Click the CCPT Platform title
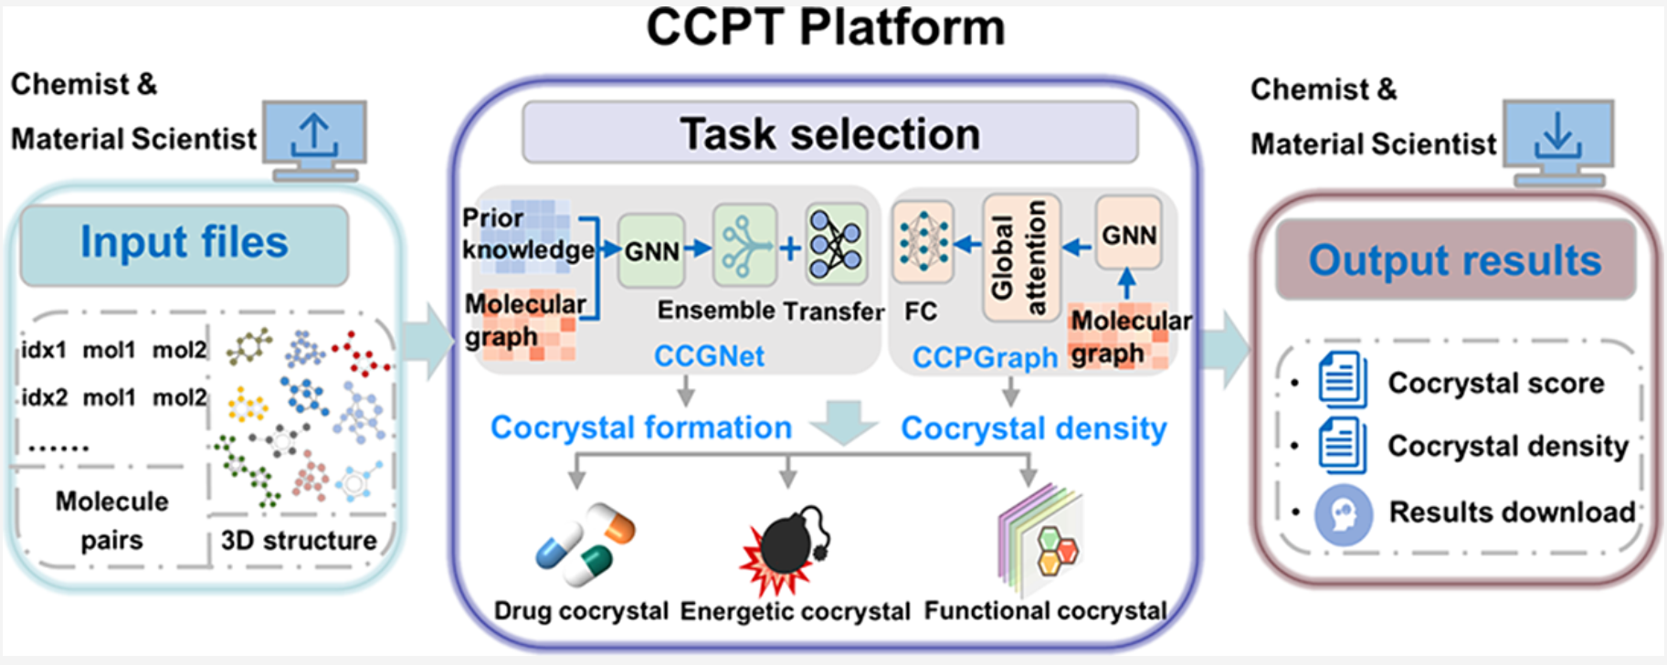coord(825,27)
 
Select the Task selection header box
coord(829,133)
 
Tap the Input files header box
coord(185,243)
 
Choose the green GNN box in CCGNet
coord(651,250)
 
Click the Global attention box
coord(1019,258)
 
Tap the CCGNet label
coord(709,355)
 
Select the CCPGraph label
coord(985,357)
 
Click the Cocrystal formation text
coord(640,427)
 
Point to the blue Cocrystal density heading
coord(1033,428)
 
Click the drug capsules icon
coord(585,544)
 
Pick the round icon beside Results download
coord(1343,514)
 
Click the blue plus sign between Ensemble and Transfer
coord(790,248)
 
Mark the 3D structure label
coord(299,541)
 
